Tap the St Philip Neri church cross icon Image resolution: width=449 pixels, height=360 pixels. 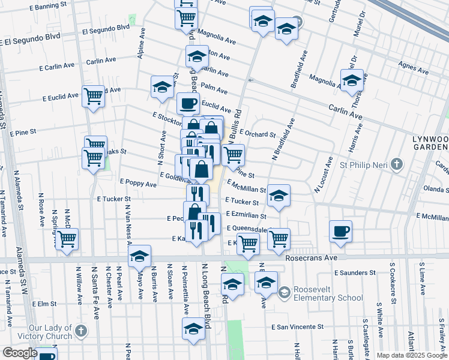[396, 164]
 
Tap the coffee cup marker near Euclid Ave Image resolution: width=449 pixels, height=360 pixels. [188, 103]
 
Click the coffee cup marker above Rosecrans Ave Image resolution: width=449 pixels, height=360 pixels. [340, 231]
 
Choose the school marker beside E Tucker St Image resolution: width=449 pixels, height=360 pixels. [279, 195]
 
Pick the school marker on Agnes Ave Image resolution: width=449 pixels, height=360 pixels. [352, 80]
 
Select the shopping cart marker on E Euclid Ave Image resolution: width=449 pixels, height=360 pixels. [93, 95]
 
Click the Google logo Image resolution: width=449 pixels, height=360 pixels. [19, 353]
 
